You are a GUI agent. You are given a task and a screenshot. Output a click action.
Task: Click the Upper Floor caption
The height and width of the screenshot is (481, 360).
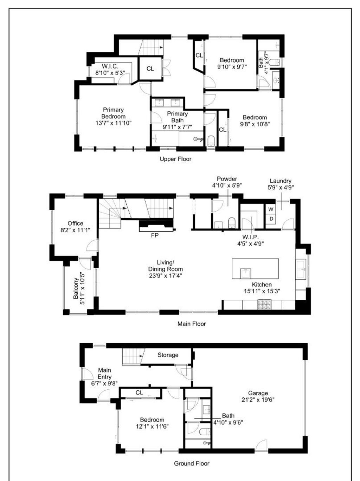(175, 159)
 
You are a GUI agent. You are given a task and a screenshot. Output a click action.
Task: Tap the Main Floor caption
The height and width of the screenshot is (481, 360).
(192, 324)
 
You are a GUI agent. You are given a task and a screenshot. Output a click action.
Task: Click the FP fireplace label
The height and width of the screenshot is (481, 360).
(155, 235)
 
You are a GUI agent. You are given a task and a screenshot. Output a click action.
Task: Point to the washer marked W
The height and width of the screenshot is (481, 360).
(271, 209)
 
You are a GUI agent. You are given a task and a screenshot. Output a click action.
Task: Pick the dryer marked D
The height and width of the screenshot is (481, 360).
(271, 219)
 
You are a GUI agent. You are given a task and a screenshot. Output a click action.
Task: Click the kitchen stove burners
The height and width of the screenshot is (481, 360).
(264, 305)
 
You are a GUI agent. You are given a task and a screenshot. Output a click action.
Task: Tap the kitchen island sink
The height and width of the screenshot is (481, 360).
(245, 273)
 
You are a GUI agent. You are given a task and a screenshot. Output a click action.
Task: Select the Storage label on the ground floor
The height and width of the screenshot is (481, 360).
(168, 355)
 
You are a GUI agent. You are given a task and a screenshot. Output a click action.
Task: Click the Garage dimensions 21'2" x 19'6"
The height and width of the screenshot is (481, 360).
(258, 400)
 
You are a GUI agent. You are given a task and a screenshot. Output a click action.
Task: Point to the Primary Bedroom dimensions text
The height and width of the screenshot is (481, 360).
(113, 123)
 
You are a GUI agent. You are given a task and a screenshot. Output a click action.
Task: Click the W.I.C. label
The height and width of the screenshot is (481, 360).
(110, 66)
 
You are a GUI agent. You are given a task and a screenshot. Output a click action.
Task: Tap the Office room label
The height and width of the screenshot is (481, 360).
(75, 223)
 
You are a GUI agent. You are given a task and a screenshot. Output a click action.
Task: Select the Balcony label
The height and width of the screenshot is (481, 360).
(76, 288)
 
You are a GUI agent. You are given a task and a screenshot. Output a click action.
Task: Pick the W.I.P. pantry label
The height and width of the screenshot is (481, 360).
(250, 237)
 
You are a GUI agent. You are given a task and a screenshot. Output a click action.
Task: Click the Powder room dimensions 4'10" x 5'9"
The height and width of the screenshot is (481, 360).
(227, 186)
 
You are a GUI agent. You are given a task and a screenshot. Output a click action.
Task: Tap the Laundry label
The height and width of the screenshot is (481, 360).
(281, 181)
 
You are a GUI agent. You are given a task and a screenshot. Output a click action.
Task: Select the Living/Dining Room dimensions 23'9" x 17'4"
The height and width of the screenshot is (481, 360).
(166, 275)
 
